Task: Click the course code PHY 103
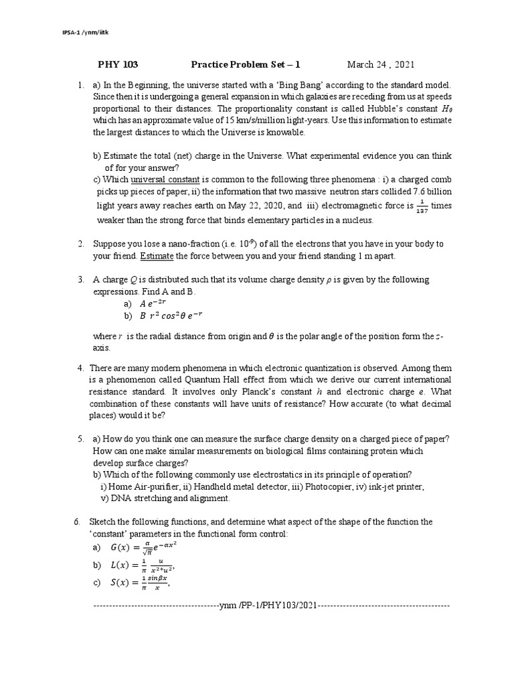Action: pyautogui.click(x=118, y=64)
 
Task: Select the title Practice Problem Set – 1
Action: pyautogui.click(x=246, y=64)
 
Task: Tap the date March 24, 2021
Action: pyautogui.click(x=380, y=64)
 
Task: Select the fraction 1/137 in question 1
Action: pyautogui.click(x=420, y=207)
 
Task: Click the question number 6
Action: pyautogui.click(x=77, y=522)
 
